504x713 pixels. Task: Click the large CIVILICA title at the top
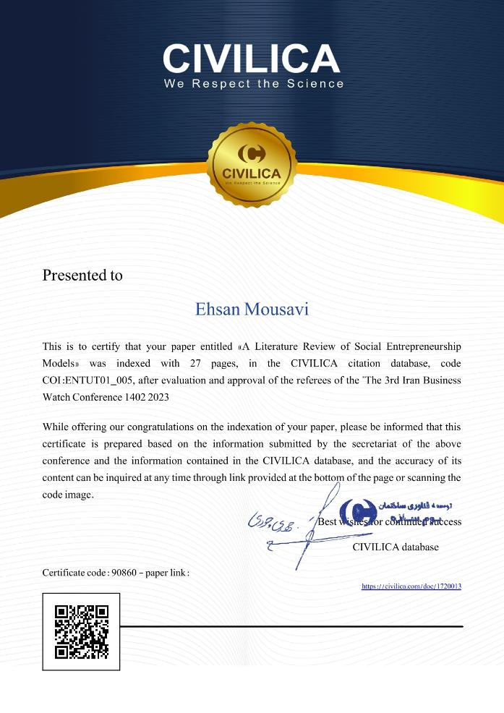252,58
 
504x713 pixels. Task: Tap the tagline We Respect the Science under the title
254,84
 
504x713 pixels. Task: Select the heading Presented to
82,276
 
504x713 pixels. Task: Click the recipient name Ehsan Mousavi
252,309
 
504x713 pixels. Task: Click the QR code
82,631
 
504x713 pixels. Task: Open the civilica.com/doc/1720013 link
411,586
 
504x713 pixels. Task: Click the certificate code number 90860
122,573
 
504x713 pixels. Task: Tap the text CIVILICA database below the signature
395,547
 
